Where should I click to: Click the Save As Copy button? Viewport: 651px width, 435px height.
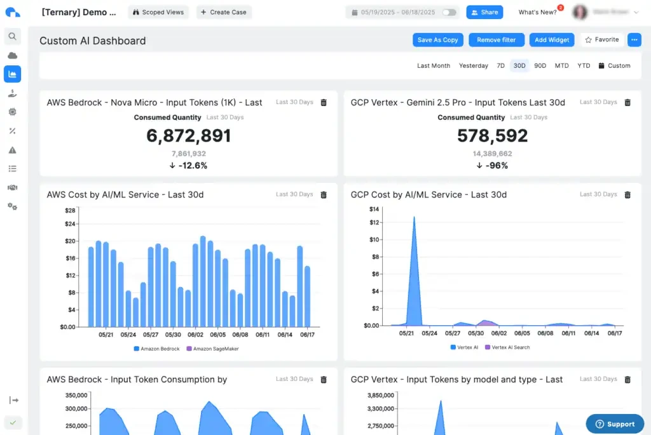(x=438, y=40)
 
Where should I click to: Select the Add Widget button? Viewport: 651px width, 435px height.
(x=552, y=40)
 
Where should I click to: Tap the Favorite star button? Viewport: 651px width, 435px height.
(x=601, y=40)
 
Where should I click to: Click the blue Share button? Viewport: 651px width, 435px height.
(x=484, y=12)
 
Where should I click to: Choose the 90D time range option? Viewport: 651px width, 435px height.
(x=540, y=65)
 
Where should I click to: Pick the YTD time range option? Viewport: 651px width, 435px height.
(x=584, y=65)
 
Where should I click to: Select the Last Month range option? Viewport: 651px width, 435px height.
(x=434, y=65)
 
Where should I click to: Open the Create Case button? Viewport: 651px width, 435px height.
(x=224, y=12)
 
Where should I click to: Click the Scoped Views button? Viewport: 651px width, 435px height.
(x=158, y=12)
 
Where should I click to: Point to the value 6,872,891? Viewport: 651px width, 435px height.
(x=189, y=136)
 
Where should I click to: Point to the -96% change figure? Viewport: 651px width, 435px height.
(x=493, y=166)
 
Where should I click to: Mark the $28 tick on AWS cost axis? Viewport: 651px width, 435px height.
(x=70, y=210)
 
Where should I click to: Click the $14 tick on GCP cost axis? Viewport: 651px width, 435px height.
(x=374, y=209)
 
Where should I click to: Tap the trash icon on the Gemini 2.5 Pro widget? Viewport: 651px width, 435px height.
(x=627, y=102)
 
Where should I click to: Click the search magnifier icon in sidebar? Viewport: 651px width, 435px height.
(x=12, y=36)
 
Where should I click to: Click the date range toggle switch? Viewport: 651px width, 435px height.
(x=449, y=12)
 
